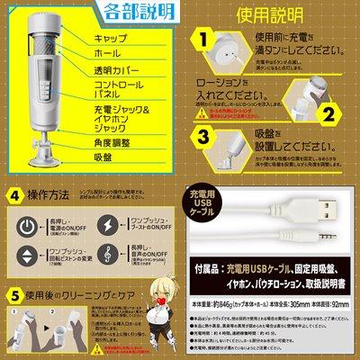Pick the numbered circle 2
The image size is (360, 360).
[329, 113]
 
